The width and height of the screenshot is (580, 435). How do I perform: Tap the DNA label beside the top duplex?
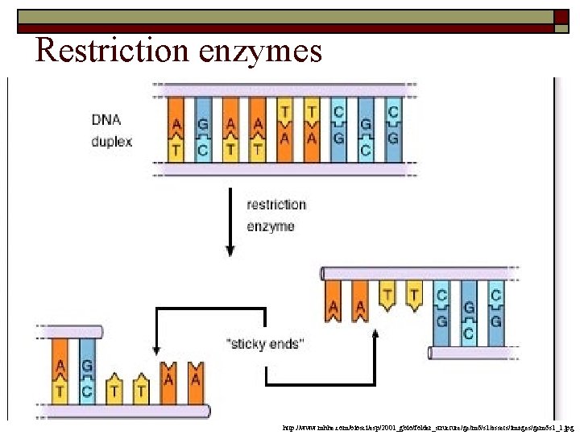click(107, 122)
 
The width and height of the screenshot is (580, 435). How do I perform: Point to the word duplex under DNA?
click(112, 141)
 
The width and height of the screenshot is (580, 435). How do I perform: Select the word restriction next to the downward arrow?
click(276, 205)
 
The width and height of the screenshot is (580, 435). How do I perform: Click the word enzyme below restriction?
click(271, 226)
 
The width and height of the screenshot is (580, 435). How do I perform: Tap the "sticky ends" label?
click(265, 344)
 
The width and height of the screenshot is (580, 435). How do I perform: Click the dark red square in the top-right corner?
click(561, 17)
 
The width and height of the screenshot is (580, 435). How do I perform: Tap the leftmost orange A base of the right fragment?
click(333, 302)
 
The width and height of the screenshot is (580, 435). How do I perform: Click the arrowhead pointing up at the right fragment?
click(375, 336)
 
